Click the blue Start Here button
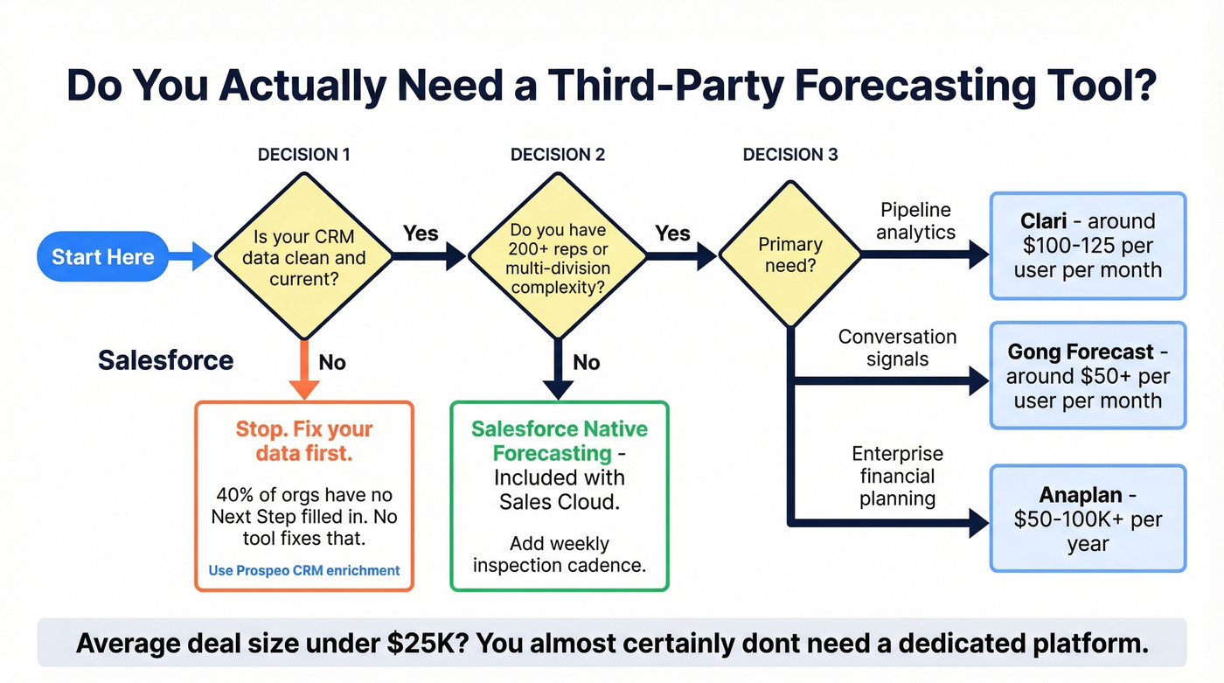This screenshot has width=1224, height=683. click(102, 256)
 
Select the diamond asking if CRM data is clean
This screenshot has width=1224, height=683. click(303, 256)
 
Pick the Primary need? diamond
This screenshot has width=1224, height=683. click(790, 254)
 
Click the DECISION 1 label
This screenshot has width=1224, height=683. click(303, 155)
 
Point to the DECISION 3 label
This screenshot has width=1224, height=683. click(790, 155)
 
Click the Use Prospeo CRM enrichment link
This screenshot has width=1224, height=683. click(303, 570)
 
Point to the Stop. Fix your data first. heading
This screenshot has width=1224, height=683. click(303, 441)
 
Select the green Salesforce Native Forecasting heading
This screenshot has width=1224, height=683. click(558, 441)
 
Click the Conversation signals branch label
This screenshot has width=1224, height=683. click(897, 347)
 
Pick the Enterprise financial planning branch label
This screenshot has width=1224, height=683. click(897, 477)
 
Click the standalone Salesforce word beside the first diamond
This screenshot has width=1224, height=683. click(165, 360)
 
